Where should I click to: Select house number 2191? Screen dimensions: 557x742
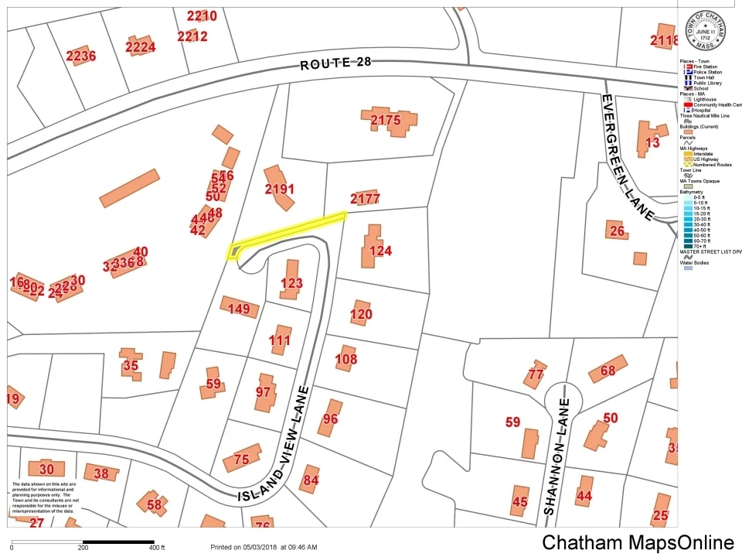(x=279, y=189)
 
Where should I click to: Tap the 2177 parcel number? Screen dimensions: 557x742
(x=365, y=199)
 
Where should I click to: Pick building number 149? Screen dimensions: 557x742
(x=239, y=309)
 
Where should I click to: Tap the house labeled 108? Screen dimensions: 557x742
(x=345, y=358)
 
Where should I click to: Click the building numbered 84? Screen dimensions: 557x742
(x=310, y=480)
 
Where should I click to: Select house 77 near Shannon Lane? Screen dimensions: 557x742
(x=534, y=374)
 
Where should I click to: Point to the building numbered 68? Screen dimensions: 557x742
(x=608, y=371)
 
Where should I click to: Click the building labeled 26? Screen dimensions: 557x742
(x=616, y=230)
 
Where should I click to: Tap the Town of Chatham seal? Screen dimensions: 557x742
(x=703, y=32)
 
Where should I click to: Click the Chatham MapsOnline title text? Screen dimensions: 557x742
(x=637, y=542)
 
